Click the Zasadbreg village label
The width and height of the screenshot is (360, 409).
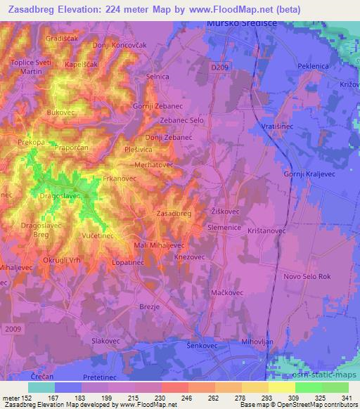[173, 213]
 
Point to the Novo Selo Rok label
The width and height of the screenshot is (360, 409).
[307, 276]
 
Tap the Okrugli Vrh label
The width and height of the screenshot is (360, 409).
[62, 261]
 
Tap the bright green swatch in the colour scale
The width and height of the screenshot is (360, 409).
[307, 387]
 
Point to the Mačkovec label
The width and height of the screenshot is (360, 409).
[227, 292]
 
